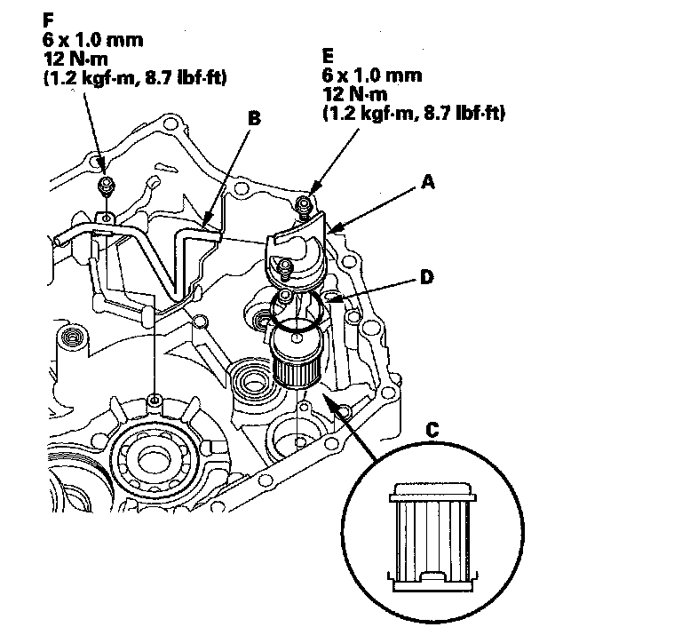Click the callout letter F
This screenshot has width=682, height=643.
48,20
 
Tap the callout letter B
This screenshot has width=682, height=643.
254,118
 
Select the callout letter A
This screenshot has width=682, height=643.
428,182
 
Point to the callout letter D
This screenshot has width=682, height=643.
427,277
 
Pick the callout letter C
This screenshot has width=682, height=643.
432,430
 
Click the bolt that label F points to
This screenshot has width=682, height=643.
106,186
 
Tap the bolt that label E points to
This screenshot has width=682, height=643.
304,204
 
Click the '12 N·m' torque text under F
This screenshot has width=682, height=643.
75,59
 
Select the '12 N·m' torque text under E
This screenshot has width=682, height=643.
355,94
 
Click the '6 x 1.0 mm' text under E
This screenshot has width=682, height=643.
372,75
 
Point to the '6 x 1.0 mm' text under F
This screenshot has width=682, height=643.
93,40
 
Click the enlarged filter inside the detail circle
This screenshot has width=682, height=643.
432,536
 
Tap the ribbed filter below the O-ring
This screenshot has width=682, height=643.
297,356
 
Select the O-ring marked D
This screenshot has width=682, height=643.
297,310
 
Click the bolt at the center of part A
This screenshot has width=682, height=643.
285,267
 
